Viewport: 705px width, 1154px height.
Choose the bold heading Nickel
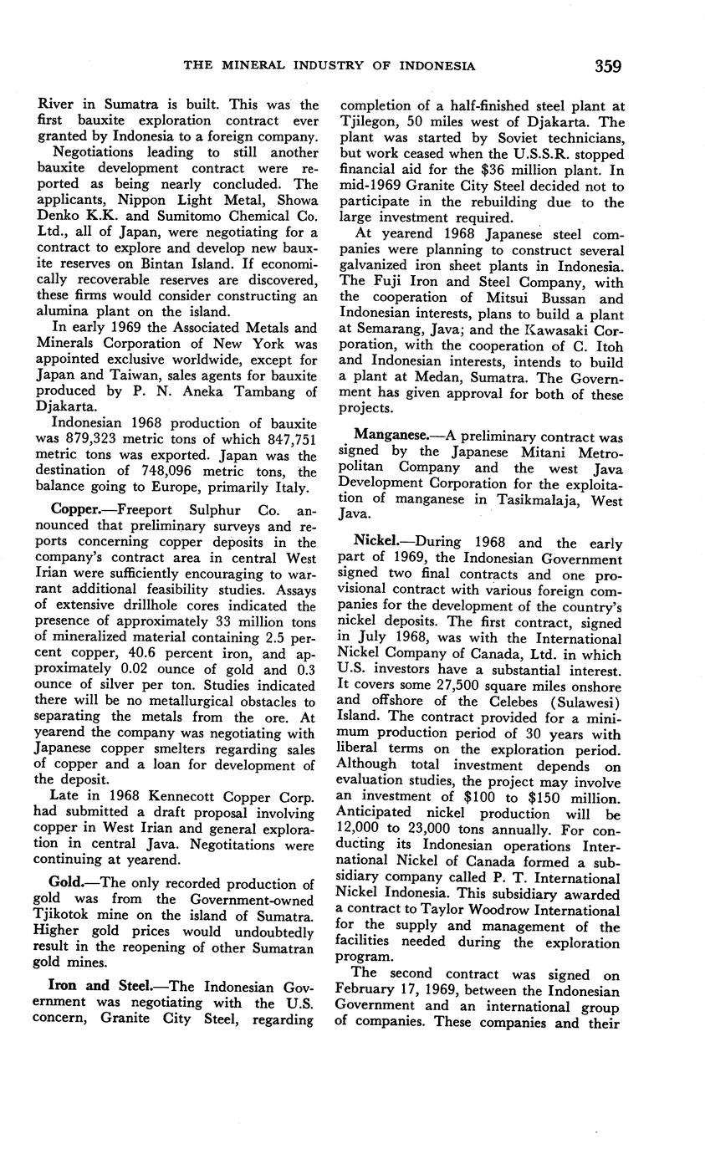[x=377, y=542]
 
